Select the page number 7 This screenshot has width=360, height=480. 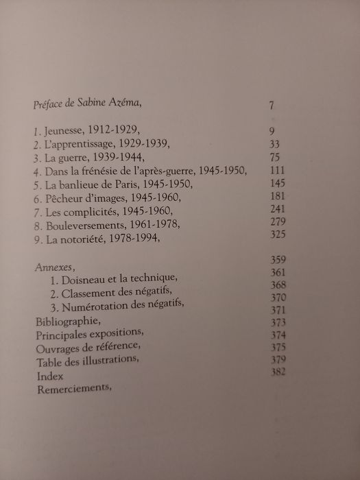(272, 106)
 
